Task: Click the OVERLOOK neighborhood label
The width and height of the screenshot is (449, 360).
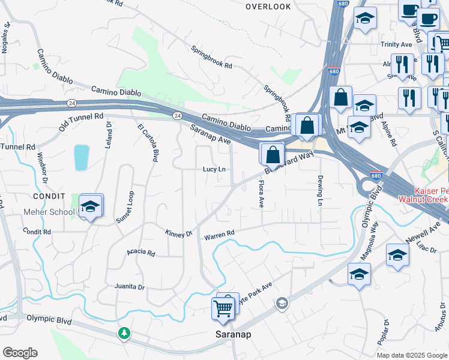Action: pyautogui.click(x=268, y=7)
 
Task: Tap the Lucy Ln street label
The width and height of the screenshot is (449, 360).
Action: pyautogui.click(x=214, y=170)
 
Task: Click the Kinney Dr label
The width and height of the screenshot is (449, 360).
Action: pyautogui.click(x=178, y=233)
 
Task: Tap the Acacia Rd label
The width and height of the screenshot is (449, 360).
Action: pyautogui.click(x=141, y=252)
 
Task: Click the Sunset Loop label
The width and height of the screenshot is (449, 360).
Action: pyautogui.click(x=124, y=208)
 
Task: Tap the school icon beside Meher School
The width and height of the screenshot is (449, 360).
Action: pyautogui.click(x=91, y=207)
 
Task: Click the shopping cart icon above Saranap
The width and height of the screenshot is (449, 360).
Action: pyautogui.click(x=223, y=309)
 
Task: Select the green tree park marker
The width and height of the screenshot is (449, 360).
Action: pyautogui.click(x=124, y=332)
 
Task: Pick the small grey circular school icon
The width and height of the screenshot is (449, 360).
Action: pyautogui.click(x=280, y=305)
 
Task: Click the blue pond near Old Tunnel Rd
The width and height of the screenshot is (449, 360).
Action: pyautogui.click(x=81, y=158)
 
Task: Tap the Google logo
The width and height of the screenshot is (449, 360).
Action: pyautogui.click(x=20, y=353)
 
